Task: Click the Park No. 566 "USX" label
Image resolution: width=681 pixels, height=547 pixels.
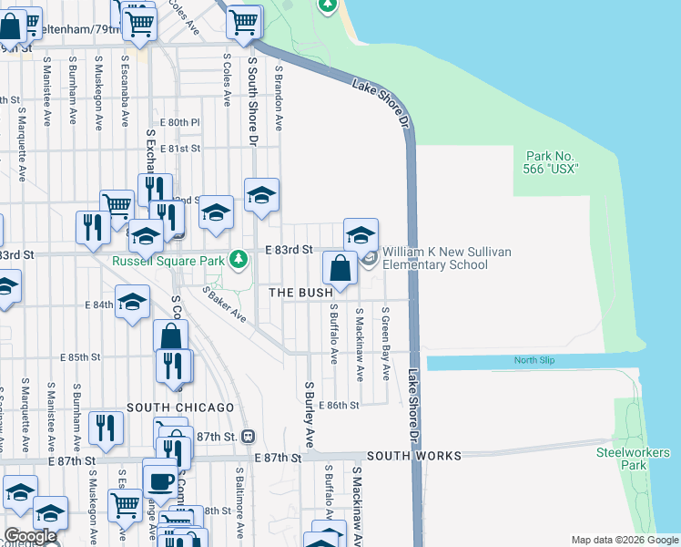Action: [x=551, y=162]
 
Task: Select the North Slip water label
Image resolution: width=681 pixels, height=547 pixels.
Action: [x=533, y=360]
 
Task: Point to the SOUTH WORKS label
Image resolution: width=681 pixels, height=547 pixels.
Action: [x=414, y=455]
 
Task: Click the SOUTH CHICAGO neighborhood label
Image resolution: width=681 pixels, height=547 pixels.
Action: [x=180, y=407]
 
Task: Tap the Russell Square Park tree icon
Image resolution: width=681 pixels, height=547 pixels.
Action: [x=239, y=261]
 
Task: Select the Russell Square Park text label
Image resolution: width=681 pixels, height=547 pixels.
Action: [x=168, y=261]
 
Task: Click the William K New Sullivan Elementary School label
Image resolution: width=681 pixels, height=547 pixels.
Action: [x=435, y=258]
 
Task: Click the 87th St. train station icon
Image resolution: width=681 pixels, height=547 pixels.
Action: [x=248, y=437]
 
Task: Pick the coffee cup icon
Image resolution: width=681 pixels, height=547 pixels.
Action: [x=161, y=480]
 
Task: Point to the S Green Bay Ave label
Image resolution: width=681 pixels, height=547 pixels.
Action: [x=386, y=343]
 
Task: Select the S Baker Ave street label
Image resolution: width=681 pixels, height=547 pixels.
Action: [x=224, y=304]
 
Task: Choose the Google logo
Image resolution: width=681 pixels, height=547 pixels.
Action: [x=30, y=536]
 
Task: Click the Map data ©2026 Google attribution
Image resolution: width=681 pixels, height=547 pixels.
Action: [x=625, y=540]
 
